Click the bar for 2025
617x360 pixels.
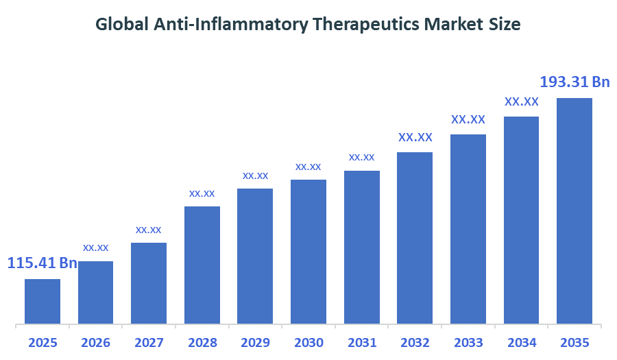(x=43, y=301)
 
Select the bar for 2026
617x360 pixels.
(x=95, y=292)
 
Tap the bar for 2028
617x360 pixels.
(x=202, y=265)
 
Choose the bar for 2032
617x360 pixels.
(x=415, y=237)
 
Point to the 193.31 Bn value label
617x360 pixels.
(x=574, y=82)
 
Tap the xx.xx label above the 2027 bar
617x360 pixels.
(x=149, y=229)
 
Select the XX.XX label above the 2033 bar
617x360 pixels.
(x=468, y=119)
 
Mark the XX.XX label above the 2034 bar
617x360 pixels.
(x=522, y=101)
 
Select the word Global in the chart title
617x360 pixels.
(x=121, y=25)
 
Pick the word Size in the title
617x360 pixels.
(x=505, y=25)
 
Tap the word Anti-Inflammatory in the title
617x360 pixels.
(x=230, y=25)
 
